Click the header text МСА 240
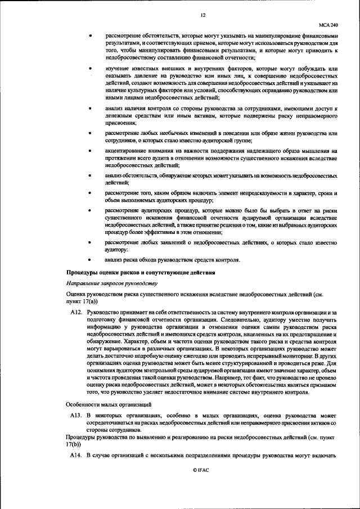point(328,25)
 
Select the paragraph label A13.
point(76,415)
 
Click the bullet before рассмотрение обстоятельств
point(90,37)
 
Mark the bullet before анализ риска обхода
point(90,260)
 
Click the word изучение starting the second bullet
point(117,69)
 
